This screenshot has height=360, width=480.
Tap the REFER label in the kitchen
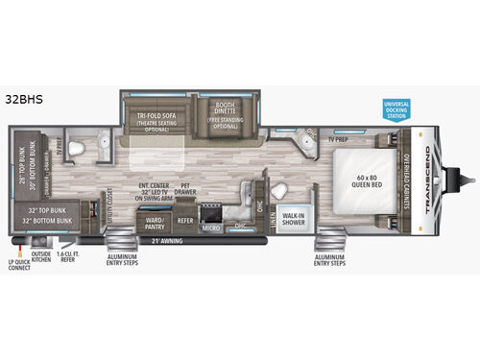click(186, 219)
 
